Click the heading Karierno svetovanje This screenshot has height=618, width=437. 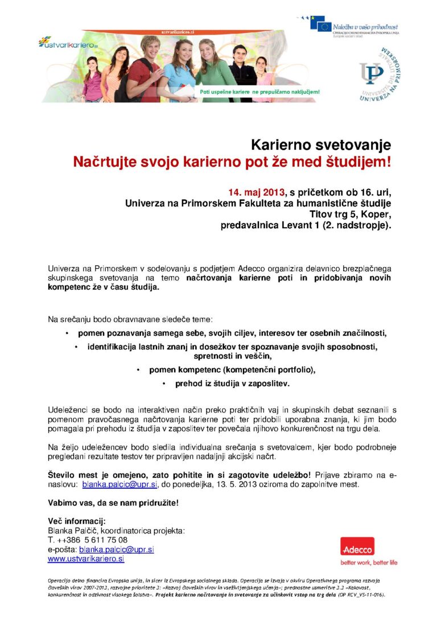click(x=321, y=145)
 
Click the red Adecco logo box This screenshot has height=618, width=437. click(x=357, y=548)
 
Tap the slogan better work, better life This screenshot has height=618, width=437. click(x=369, y=563)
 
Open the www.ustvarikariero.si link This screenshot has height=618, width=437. click(x=86, y=559)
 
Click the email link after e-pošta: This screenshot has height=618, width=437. click(x=117, y=550)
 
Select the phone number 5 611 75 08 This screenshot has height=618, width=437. click(x=105, y=540)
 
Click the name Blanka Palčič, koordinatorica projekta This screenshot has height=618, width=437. click(x=116, y=530)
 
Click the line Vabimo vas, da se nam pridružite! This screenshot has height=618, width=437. click(x=113, y=503)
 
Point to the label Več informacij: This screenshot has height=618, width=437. click(x=77, y=521)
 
